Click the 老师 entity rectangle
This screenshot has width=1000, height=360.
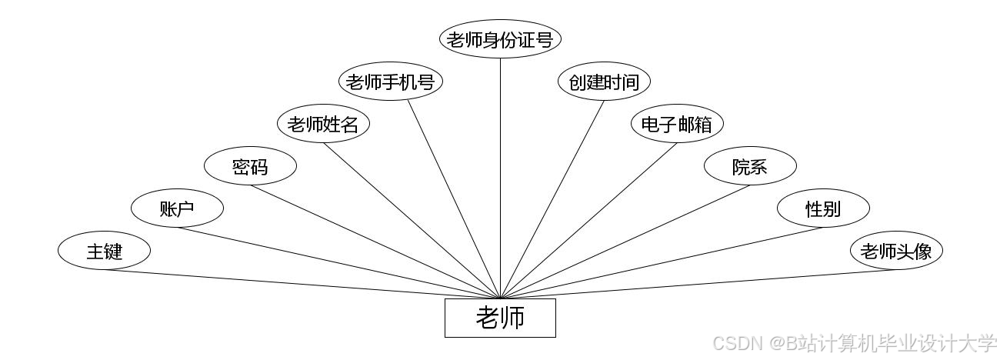(500, 318)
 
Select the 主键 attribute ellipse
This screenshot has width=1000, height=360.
(104, 251)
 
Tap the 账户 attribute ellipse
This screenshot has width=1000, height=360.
(177, 208)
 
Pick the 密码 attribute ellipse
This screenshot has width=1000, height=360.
(250, 166)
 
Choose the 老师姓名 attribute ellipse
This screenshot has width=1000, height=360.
(323, 124)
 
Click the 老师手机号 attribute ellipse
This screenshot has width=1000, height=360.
(391, 82)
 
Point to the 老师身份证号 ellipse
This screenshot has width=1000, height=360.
(500, 40)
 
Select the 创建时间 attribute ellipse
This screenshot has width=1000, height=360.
(604, 82)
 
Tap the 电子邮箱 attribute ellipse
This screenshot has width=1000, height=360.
(677, 124)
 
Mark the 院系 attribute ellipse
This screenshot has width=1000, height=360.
(750, 166)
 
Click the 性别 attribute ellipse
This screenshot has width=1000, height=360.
(823, 208)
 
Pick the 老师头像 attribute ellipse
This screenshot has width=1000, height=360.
(896, 251)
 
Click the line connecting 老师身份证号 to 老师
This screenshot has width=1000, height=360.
(500, 177)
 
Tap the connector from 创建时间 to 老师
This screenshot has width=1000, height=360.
(552, 198)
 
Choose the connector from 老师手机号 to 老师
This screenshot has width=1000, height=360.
(454, 198)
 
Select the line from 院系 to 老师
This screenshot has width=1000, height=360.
(625, 242)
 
